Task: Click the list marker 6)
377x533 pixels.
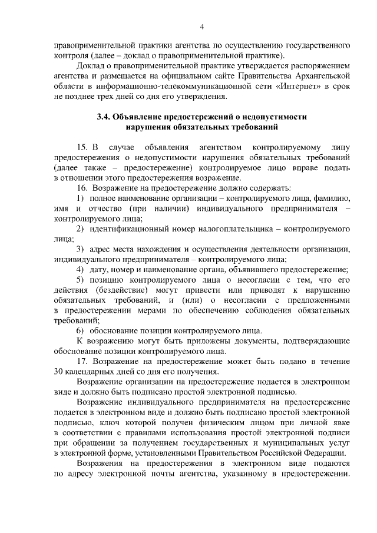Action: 81,330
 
